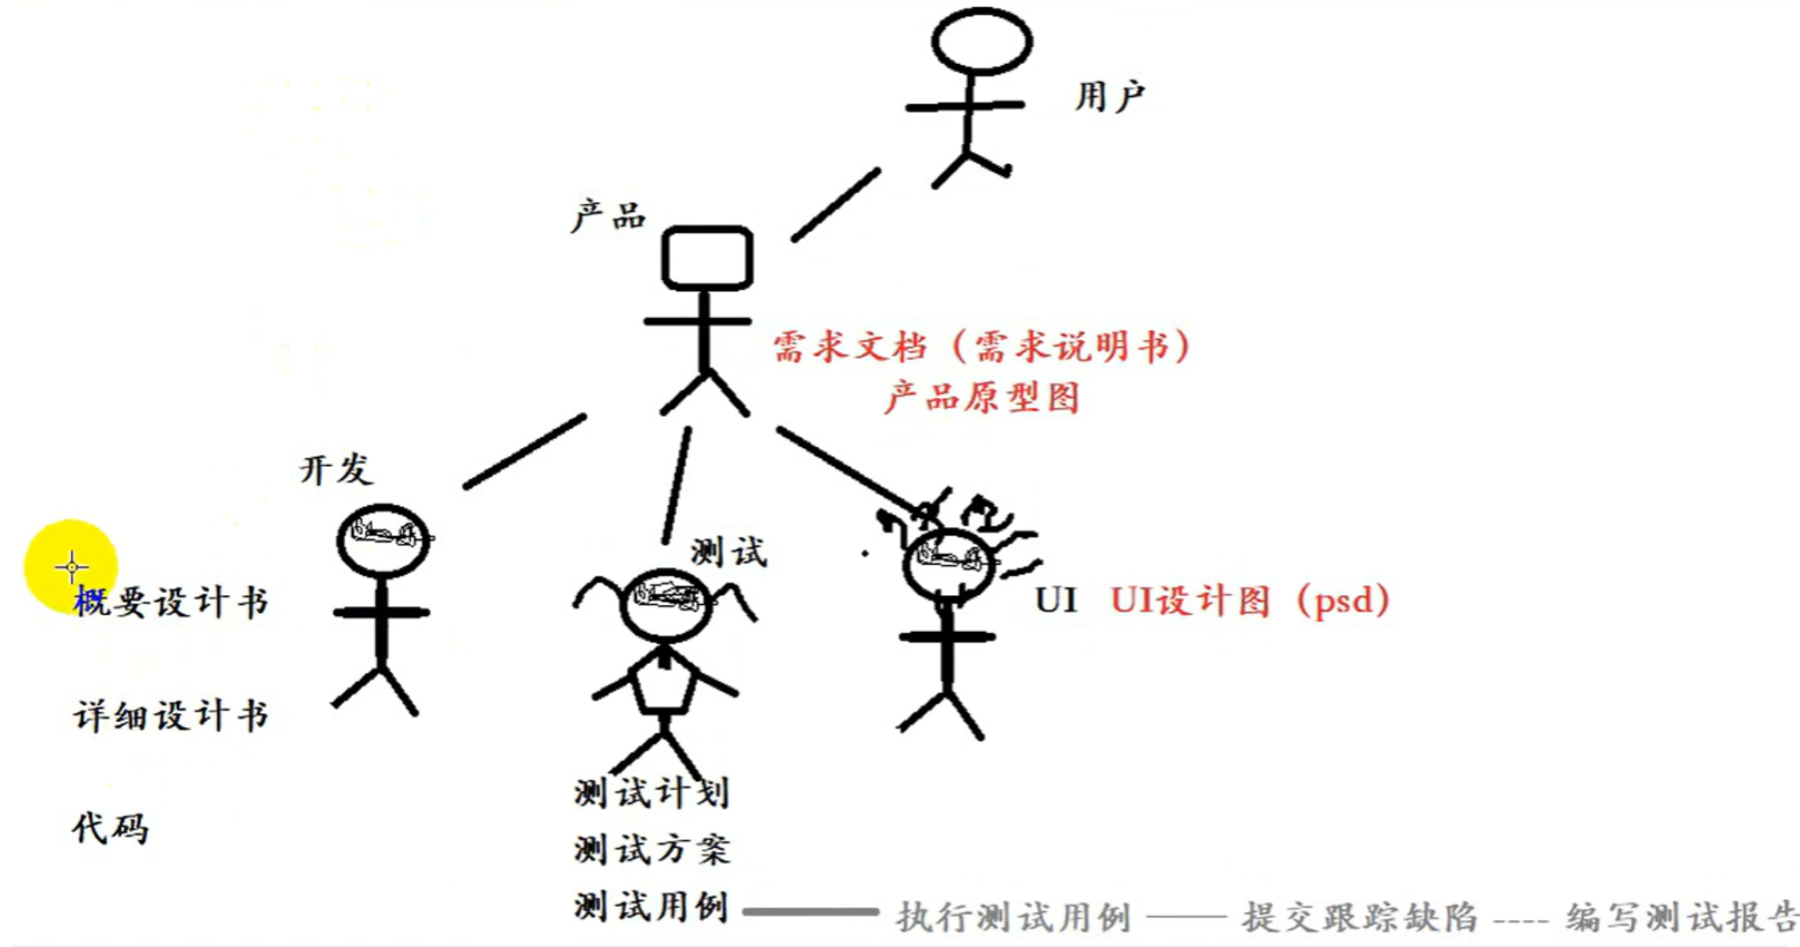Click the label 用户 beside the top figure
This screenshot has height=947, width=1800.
coord(1109,97)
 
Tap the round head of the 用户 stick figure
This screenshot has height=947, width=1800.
coord(981,41)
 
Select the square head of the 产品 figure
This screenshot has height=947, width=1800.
coord(707,258)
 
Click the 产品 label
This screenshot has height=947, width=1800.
coord(608,217)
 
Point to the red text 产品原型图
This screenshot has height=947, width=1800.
coord(981,398)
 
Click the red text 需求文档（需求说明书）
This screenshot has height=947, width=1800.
coord(981,347)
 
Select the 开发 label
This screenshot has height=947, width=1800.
coord(336,470)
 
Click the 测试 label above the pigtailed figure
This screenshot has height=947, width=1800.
coord(728,552)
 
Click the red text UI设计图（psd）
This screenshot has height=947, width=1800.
coord(1249,601)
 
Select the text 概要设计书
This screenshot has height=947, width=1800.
coord(171,602)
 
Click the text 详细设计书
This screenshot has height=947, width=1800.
coord(171,716)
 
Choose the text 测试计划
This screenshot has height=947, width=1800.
coord(651,793)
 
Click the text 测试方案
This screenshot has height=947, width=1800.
coord(651,849)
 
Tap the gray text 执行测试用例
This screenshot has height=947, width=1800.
coord(1013,917)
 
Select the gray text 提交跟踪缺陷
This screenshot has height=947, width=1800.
coord(1359,917)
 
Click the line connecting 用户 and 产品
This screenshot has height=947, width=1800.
coord(835,205)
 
